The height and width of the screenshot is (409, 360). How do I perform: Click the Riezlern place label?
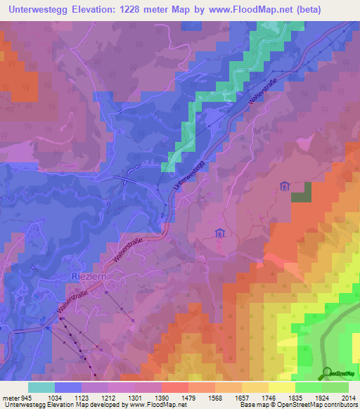(x=89, y=277)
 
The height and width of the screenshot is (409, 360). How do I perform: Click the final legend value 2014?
(x=349, y=398)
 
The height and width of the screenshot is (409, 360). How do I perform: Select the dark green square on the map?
(x=302, y=193)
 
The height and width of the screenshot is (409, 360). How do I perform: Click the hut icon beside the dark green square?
(x=284, y=186)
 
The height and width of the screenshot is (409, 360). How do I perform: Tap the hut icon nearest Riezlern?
(x=219, y=233)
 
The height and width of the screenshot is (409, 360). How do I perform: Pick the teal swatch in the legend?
(x=41, y=387)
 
